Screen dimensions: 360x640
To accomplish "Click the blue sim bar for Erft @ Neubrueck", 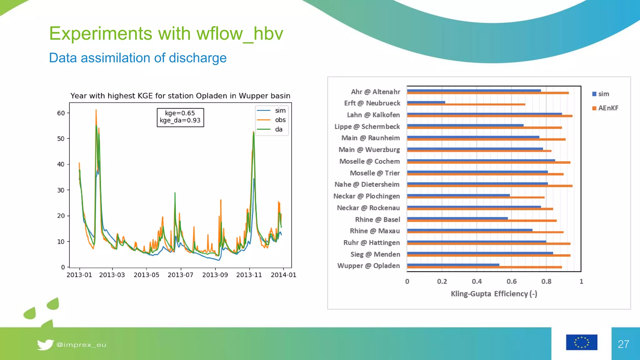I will pyautogui.click(x=426, y=102).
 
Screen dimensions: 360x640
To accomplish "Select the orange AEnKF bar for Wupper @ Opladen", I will pyautogui.click(x=484, y=267).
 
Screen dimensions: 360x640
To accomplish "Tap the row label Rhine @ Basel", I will pyautogui.click(x=377, y=220).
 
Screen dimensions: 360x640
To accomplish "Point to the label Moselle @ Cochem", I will pyautogui.click(x=369, y=162).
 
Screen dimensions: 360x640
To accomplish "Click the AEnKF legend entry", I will pyautogui.click(x=605, y=108).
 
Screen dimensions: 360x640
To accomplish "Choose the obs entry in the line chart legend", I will pyautogui.click(x=280, y=120).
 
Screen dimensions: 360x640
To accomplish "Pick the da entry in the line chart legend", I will pyautogui.click(x=278, y=129).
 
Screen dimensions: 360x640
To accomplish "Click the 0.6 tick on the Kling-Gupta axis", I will pyautogui.click(x=511, y=282).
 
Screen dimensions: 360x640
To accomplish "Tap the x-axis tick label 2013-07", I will pyautogui.click(x=181, y=275).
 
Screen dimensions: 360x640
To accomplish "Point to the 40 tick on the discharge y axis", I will pyautogui.click(x=61, y=164).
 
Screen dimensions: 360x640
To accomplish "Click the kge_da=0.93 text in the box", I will pyautogui.click(x=180, y=121).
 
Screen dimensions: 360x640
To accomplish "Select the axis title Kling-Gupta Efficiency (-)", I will pyautogui.click(x=494, y=294).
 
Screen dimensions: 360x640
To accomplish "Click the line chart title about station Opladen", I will pyautogui.click(x=180, y=96).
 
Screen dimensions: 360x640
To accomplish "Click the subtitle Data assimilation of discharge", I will pyautogui.click(x=138, y=58).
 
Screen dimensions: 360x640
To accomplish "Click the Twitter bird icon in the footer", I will pyautogui.click(x=45, y=344).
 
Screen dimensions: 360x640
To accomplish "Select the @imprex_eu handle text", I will pyautogui.click(x=81, y=345).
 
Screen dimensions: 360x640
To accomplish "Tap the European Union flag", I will pyautogui.click(x=581, y=342).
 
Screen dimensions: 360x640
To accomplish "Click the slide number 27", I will pyautogui.click(x=623, y=344).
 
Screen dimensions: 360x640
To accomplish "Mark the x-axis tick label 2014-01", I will pyautogui.click(x=283, y=275).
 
